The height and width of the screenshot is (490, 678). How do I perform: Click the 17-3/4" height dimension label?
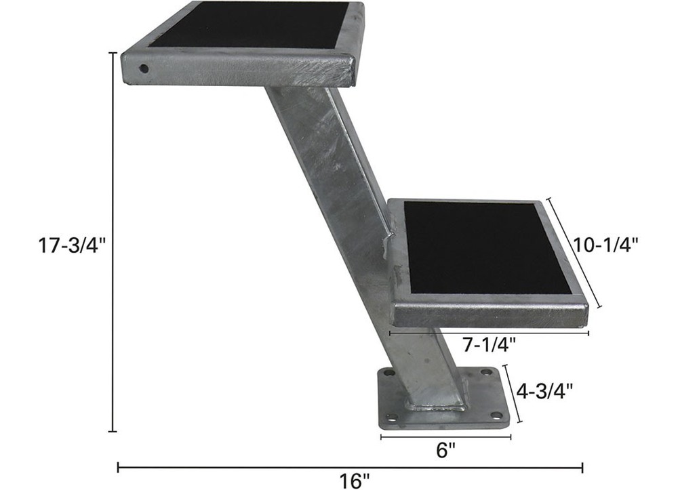point(69,245)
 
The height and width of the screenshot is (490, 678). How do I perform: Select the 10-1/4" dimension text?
point(607,245)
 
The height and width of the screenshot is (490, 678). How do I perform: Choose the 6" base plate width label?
point(445,451)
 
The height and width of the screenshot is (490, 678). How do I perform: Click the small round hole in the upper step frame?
point(144,68)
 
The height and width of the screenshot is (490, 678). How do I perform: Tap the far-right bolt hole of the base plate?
point(487,372)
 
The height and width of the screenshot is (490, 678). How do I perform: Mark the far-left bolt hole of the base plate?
point(388,373)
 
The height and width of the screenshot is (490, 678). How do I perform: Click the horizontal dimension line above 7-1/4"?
point(489,333)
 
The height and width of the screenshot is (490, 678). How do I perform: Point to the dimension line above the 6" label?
point(445,437)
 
